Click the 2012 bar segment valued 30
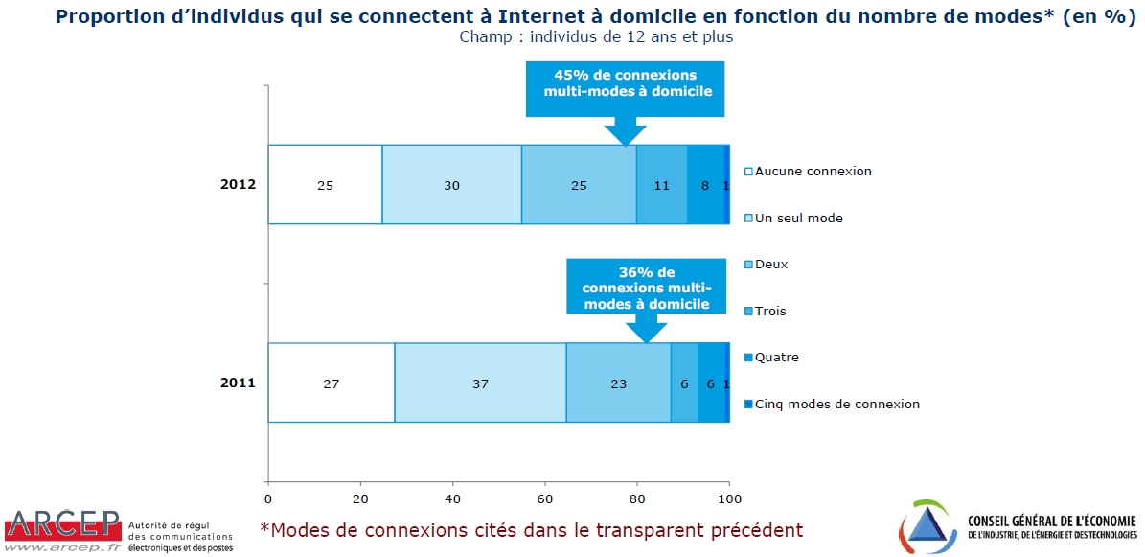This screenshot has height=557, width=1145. coord(451,185)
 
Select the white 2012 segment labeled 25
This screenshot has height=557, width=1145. coord(325,185)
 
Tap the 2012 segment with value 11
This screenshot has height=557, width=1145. coord(662,185)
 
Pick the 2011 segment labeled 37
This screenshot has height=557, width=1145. coord(480,383)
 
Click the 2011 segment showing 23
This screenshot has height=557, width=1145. coord(618,383)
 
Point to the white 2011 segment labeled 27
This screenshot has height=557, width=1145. coord(331,383)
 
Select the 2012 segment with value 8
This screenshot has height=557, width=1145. coord(705,185)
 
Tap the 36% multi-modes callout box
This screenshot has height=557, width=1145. coord(647,288)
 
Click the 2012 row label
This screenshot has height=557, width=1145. coord(239,185)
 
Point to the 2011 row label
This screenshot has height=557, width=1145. coord(239,383)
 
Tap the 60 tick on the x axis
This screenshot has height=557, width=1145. coord(545,499)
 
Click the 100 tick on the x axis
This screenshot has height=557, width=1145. coord(729,499)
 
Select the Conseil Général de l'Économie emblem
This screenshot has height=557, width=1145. coord(928,526)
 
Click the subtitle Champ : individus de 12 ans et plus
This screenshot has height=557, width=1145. coord(596,37)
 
